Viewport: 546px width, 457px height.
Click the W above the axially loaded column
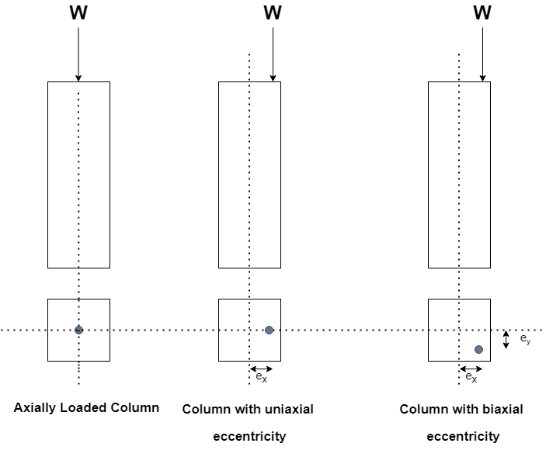(78, 13)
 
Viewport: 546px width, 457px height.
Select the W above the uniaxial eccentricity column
(273, 13)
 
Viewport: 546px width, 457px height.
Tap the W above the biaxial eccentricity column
(482, 13)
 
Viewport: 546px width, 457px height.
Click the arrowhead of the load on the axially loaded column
(78, 77)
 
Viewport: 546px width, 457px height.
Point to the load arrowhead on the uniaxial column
(273, 77)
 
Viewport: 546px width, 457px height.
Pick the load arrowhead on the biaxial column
(482, 77)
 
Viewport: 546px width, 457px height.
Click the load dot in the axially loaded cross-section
(78, 330)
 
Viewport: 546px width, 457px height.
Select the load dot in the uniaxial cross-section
(269, 330)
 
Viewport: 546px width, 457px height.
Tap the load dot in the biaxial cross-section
(478, 350)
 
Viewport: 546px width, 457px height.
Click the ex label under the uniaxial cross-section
(261, 378)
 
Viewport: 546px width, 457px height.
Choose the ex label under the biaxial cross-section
(471, 378)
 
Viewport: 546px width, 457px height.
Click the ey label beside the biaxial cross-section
(525, 339)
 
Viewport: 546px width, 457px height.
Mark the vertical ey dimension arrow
(506, 339)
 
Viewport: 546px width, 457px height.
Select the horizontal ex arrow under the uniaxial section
(261, 369)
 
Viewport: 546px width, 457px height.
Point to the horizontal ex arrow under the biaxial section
(471, 369)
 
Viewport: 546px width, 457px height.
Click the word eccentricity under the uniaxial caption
(249, 436)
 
